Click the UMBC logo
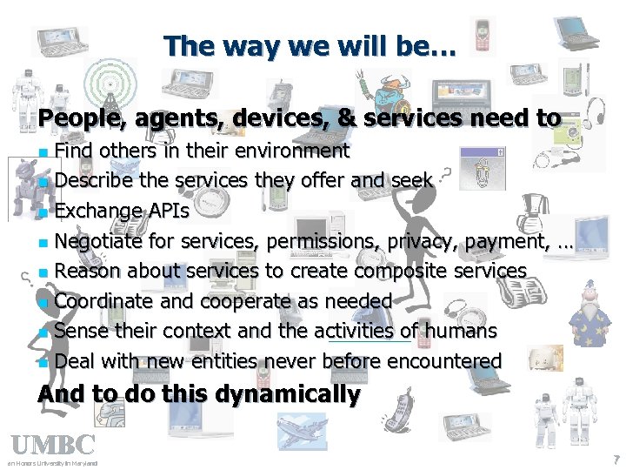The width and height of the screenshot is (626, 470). point(52,445)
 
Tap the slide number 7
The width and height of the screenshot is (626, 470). point(616,459)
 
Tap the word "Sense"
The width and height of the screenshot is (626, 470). point(83,331)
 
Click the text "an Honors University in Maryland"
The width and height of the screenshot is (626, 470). point(52,463)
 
